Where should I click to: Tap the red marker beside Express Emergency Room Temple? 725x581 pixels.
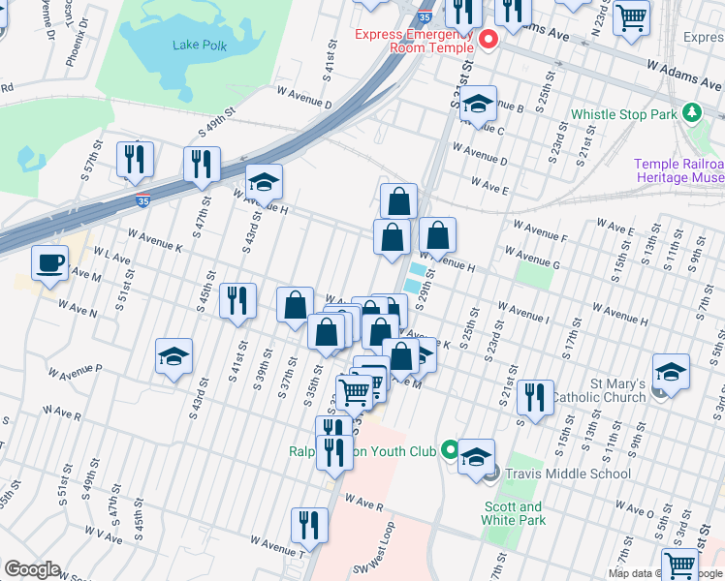(489, 40)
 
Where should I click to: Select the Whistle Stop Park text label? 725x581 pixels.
(623, 114)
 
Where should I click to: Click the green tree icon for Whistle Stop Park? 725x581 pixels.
(691, 113)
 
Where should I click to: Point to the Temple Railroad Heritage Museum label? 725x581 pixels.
(679, 171)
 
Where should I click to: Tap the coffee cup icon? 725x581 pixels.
(49, 262)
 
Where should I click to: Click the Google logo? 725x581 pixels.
(32, 569)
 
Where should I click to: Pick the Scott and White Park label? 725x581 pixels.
(514, 513)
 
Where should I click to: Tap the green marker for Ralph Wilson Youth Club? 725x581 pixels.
(449, 450)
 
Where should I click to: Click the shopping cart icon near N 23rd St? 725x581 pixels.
(631, 15)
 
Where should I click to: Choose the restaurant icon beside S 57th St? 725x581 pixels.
(135, 159)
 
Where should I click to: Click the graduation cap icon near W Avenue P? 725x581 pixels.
(174, 356)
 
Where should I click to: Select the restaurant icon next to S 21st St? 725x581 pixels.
(534, 397)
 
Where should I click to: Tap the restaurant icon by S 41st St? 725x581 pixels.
(237, 300)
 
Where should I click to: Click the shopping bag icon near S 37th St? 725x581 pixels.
(295, 306)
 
